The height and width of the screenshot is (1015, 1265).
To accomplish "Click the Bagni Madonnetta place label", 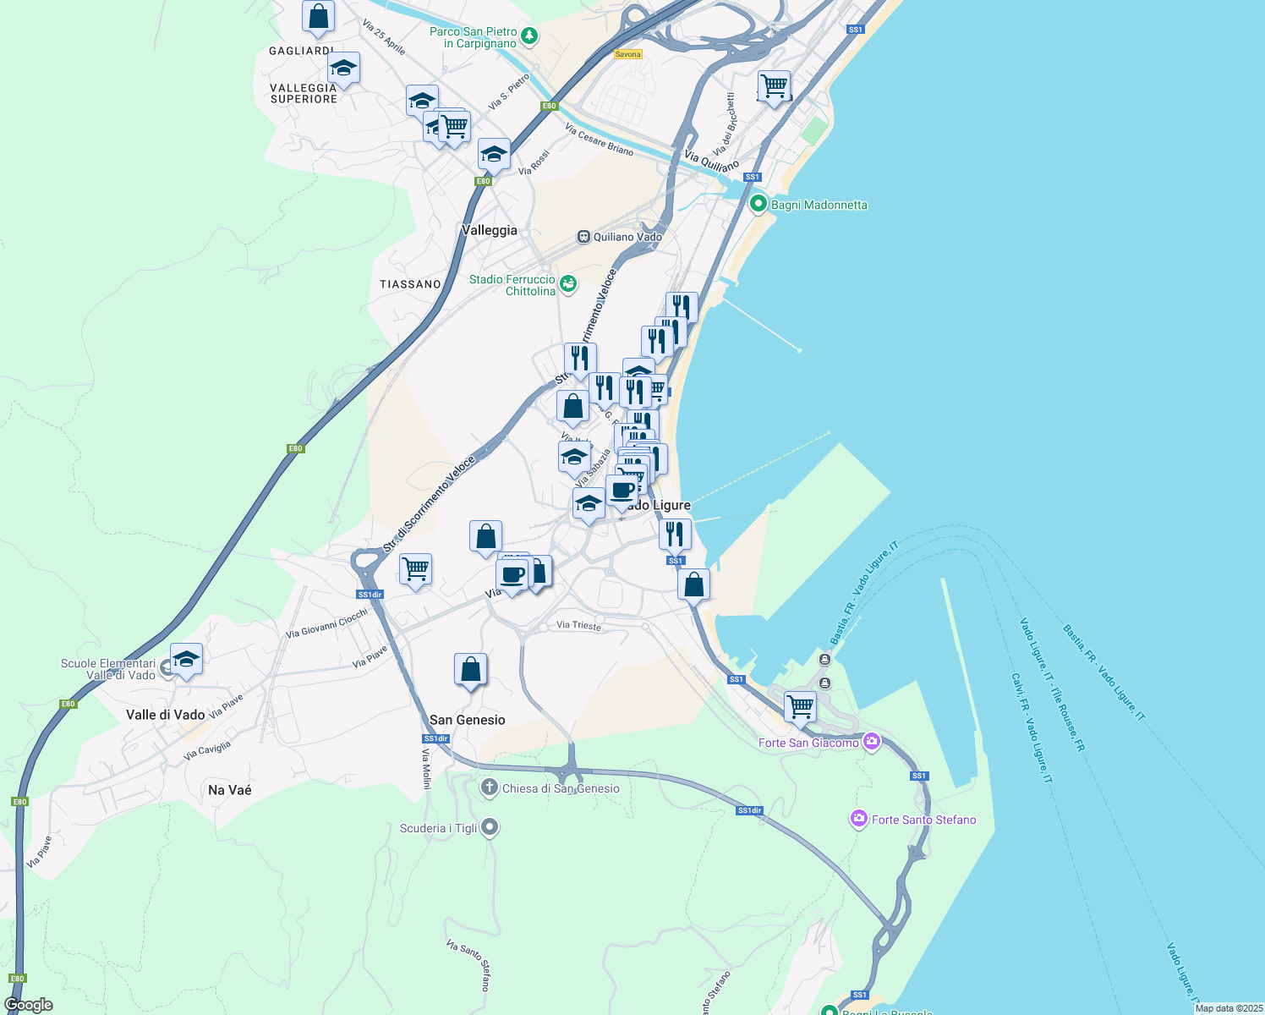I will pyautogui.click(x=819, y=205).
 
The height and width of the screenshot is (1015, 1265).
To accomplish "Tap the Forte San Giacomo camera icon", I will pyautogui.click(x=871, y=743).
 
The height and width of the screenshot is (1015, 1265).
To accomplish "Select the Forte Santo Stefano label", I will pyautogui.click(x=923, y=820).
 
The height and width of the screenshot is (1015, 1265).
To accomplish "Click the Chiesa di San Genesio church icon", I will pyautogui.click(x=489, y=788).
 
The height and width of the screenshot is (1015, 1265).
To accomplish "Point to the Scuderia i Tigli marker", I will pyautogui.click(x=490, y=827).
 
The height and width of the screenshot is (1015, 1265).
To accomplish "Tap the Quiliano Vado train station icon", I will pyautogui.click(x=583, y=237).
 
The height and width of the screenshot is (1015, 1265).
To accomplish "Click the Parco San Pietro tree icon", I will pyautogui.click(x=529, y=36).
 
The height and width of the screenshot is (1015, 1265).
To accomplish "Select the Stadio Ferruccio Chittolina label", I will pyautogui.click(x=512, y=285).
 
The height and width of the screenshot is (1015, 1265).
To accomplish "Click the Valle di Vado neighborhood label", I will pyautogui.click(x=166, y=715).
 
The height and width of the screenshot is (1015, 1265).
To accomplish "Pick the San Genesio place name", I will pyautogui.click(x=468, y=720).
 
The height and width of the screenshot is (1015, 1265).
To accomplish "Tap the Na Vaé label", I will pyautogui.click(x=230, y=790).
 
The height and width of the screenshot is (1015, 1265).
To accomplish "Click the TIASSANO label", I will pyautogui.click(x=410, y=284).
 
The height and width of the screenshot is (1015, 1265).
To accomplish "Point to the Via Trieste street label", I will pyautogui.click(x=579, y=626).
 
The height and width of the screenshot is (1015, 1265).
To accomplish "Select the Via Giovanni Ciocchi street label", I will pyautogui.click(x=327, y=624).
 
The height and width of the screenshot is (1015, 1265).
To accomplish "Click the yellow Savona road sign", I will pyautogui.click(x=628, y=54).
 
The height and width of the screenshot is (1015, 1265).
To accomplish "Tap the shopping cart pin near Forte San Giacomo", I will pyautogui.click(x=800, y=705).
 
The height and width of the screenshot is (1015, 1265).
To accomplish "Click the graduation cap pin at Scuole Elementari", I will pyautogui.click(x=186, y=659).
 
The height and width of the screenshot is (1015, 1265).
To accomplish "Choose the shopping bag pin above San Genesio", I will pyautogui.click(x=470, y=670).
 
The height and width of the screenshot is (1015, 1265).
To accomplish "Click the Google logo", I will pyautogui.click(x=29, y=1005).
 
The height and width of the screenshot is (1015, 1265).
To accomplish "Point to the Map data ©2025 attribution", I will pyautogui.click(x=1229, y=1008).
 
